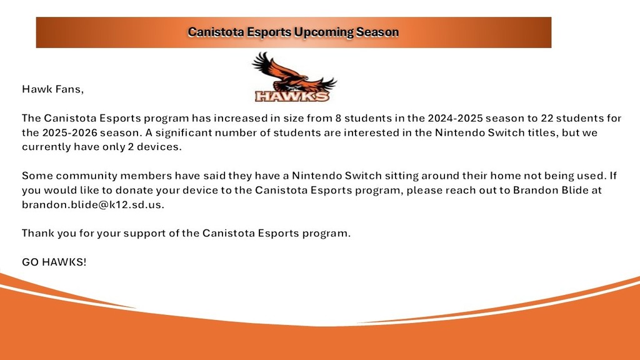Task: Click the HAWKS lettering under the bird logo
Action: (292, 96)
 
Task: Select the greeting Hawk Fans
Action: (52, 89)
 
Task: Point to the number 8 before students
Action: (338, 118)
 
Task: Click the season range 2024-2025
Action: (455, 118)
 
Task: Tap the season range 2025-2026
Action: (70, 132)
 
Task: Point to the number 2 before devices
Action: (131, 147)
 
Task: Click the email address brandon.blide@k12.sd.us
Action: (93, 204)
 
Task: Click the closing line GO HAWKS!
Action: (54, 262)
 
